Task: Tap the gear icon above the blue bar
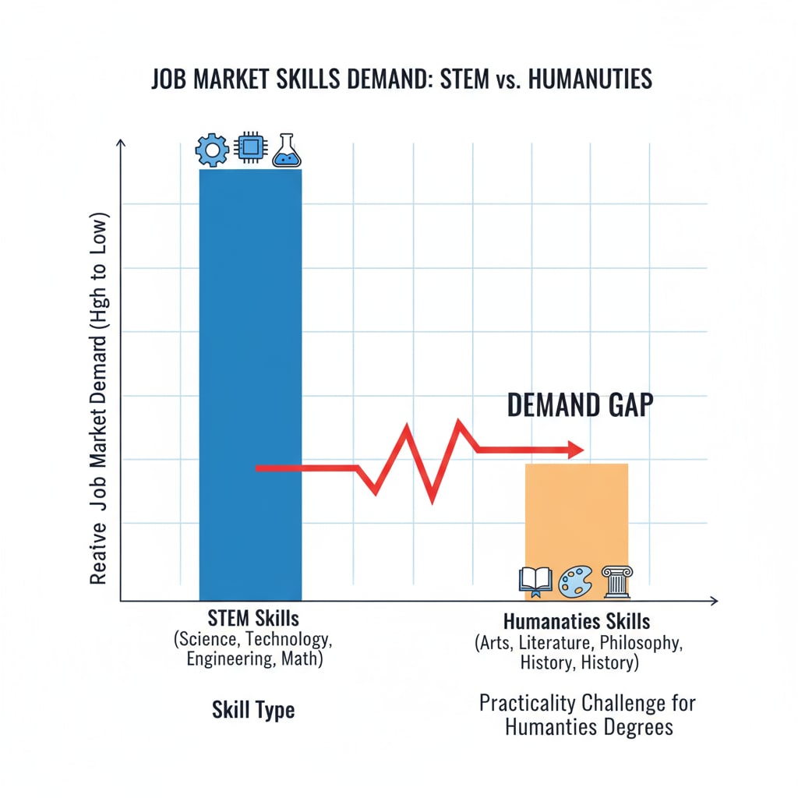[212, 150]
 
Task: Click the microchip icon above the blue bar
[251, 149]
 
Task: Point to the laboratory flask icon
[286, 150]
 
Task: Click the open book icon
[535, 581]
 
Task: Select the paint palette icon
[576, 582]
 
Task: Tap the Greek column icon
[616, 581]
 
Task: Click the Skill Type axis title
[253, 710]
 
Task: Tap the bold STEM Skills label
[254, 620]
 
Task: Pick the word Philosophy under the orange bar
[644, 644]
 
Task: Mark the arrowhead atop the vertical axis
[120, 143]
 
